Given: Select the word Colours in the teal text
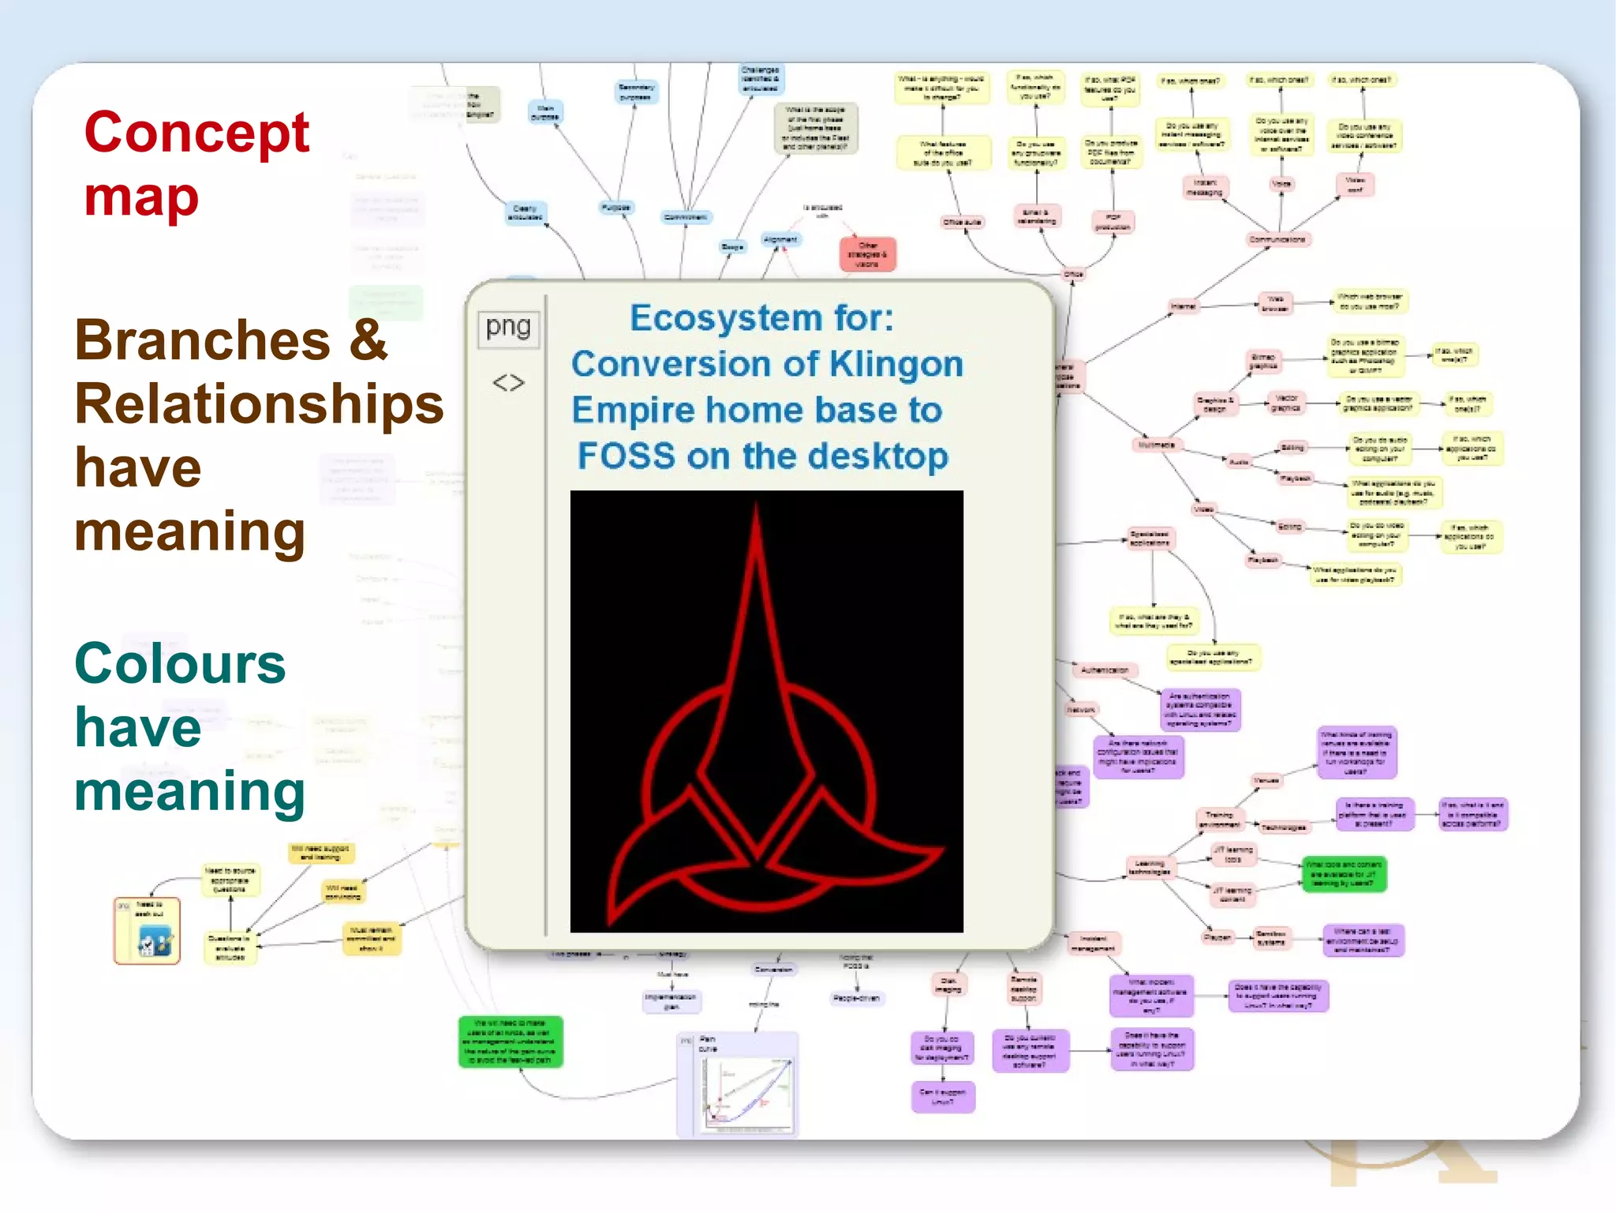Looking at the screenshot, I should pyautogui.click(x=180, y=664).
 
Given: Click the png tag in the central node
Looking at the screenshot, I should pyautogui.click(x=508, y=327).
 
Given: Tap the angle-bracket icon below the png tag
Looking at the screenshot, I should pyautogui.click(x=508, y=383).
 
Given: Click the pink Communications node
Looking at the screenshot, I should pyautogui.click(x=1277, y=239).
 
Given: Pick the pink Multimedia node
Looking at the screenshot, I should pyautogui.click(x=1156, y=445).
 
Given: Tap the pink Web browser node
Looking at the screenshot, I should pyautogui.click(x=1275, y=303).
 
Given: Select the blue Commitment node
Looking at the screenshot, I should pyautogui.click(x=685, y=217).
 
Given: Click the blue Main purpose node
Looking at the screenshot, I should pyautogui.click(x=544, y=112).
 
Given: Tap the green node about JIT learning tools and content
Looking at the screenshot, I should pyautogui.click(x=1342, y=874).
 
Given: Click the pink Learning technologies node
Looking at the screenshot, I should pyautogui.click(x=1149, y=868).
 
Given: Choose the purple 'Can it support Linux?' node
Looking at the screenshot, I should pyautogui.click(x=943, y=1097).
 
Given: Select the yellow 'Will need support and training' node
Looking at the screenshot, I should pyautogui.click(x=320, y=853).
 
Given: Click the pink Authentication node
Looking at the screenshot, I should pyautogui.click(x=1105, y=670).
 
